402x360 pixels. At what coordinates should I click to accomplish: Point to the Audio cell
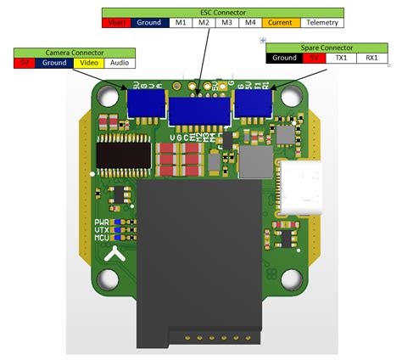click(x=120, y=63)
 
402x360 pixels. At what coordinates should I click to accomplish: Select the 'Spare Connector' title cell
click(x=327, y=48)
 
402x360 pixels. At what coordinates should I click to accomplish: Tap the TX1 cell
click(x=341, y=59)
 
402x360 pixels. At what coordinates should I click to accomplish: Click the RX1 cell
click(x=371, y=59)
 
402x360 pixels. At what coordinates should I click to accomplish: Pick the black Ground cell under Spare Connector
click(x=284, y=59)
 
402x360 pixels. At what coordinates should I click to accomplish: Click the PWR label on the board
click(x=103, y=221)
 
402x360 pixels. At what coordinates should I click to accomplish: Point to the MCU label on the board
click(x=103, y=238)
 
